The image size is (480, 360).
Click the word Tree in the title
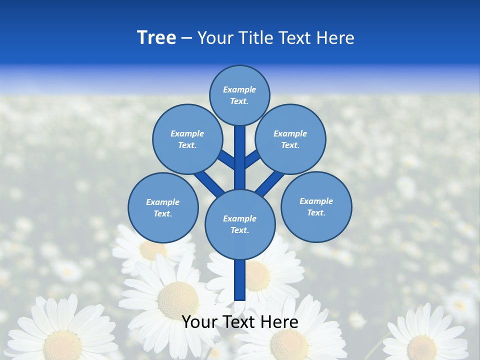point(156,38)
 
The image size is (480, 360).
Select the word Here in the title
point(335,38)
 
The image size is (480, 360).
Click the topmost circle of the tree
point(239,95)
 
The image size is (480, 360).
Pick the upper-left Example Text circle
point(187,139)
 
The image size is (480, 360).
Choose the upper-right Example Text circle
point(290,139)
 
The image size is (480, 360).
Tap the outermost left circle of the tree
point(163,207)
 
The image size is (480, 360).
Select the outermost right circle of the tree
point(316,206)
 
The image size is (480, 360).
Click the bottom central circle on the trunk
point(240,224)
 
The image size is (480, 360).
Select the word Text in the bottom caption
point(240,322)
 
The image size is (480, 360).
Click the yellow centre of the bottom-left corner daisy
point(62,345)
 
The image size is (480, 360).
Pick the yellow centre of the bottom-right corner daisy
point(422,347)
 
